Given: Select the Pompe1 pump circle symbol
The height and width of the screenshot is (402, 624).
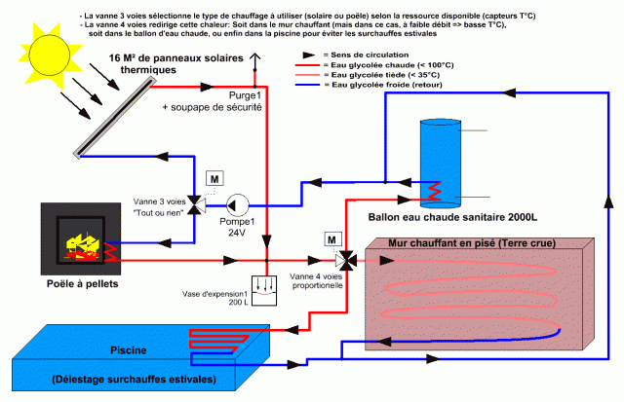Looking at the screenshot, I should point(236,204).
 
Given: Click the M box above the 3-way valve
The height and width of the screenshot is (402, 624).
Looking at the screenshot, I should point(214,181).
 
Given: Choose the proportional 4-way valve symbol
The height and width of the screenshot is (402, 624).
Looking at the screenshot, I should point(345,260).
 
